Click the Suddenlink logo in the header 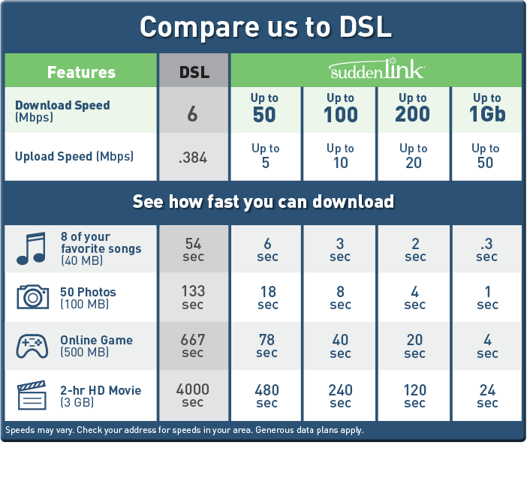point(376,71)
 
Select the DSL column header point(194,72)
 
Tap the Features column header point(81,72)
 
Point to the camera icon point(32,297)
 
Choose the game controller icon point(32,346)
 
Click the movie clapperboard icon point(32,395)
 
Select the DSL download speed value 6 point(193,114)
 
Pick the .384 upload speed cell point(193,158)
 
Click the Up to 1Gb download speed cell point(486,108)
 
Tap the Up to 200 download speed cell point(413,108)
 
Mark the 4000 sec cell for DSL point(193,395)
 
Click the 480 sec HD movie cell point(267,396)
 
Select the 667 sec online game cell point(193,346)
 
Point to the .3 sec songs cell point(486,249)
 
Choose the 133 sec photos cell point(193,297)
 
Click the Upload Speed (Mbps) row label point(74,157)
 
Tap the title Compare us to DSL point(265,27)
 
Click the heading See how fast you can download point(263,202)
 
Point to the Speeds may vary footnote point(184,431)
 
